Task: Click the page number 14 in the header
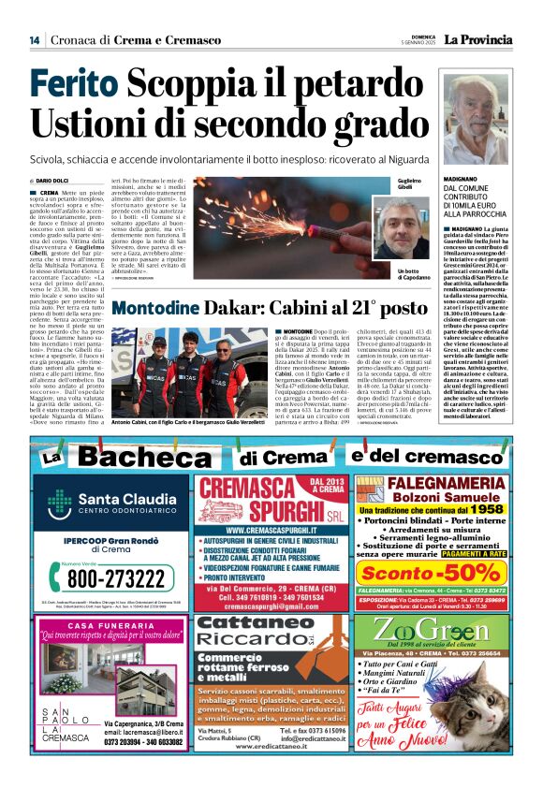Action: pyautogui.click(x=34, y=40)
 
